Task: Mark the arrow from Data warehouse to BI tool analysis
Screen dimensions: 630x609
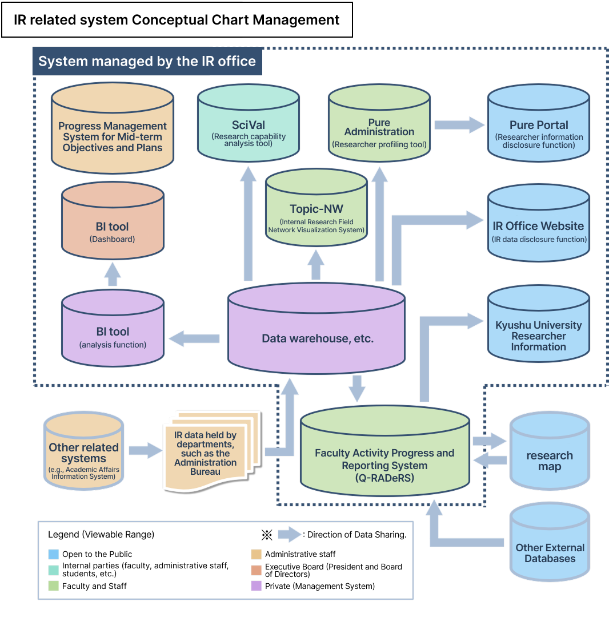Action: point(194,338)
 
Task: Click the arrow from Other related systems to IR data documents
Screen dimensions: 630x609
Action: point(146,451)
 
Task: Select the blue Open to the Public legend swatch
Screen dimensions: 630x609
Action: point(54,554)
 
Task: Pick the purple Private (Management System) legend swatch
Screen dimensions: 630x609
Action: point(257,586)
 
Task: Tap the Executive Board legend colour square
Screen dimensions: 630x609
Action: point(257,570)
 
